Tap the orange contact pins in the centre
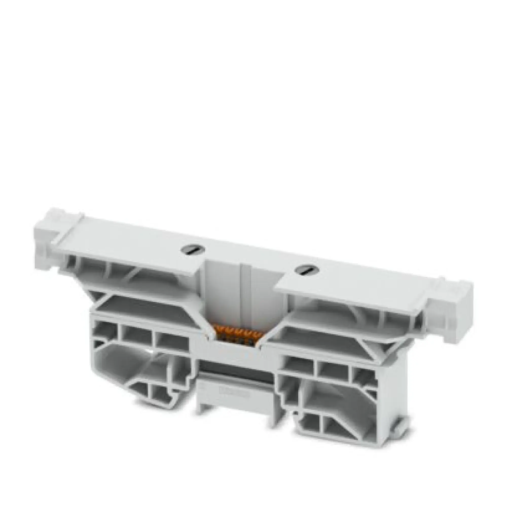pyautogui.click(x=238, y=335)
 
